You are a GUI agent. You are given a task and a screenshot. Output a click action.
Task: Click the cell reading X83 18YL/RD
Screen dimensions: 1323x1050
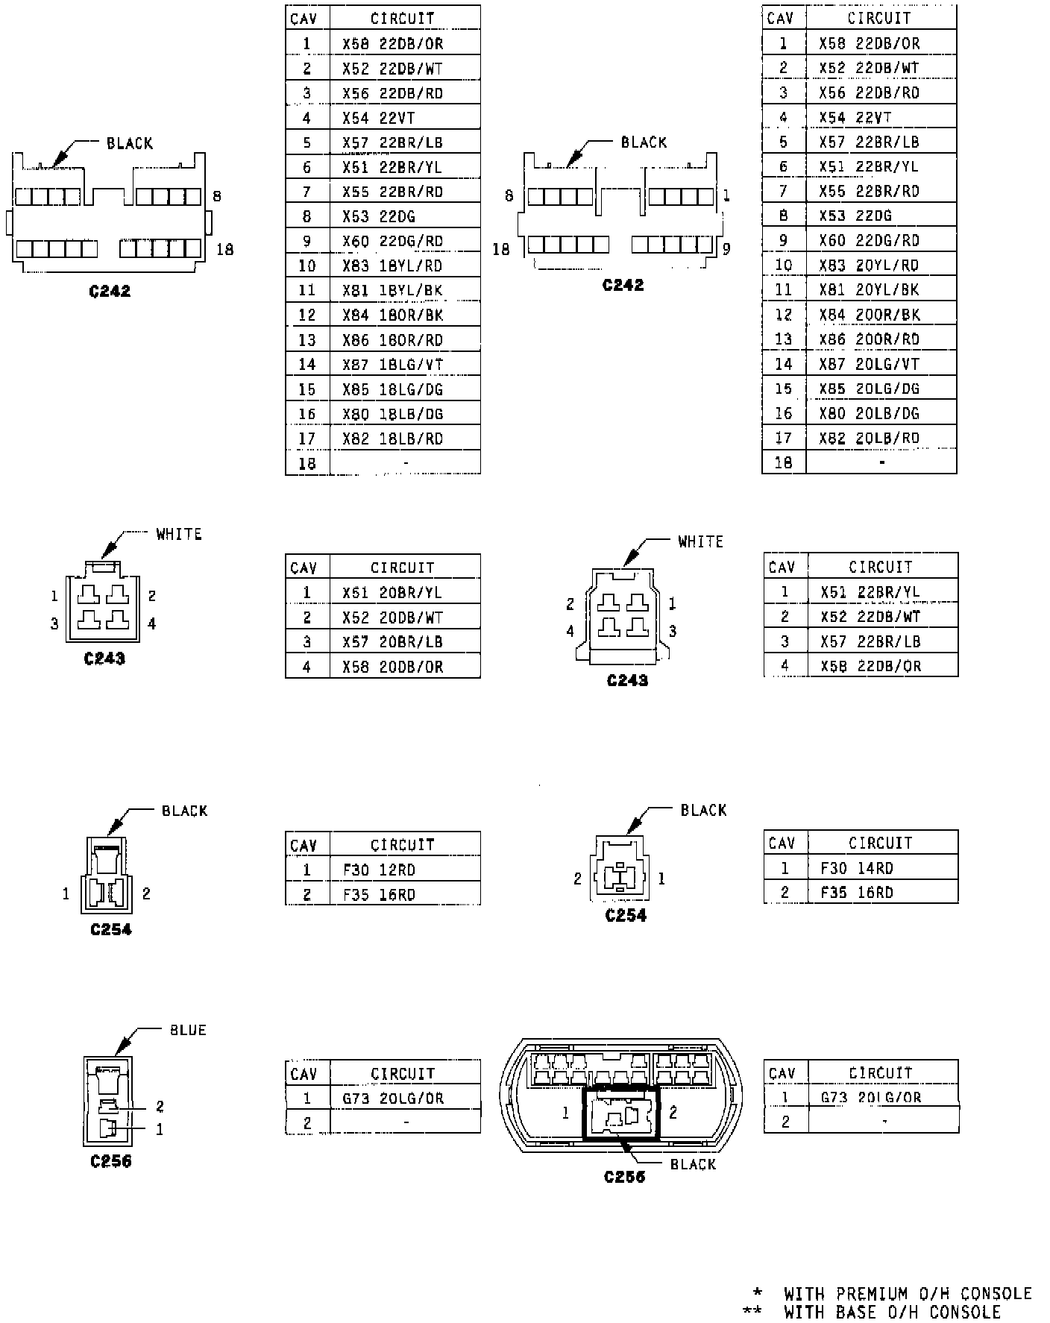pyautogui.click(x=392, y=265)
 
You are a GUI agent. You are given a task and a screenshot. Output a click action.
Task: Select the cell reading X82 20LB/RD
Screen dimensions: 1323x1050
pyautogui.click(x=869, y=438)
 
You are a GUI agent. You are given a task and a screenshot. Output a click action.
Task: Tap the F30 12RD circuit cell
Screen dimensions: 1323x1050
pyautogui.click(x=379, y=870)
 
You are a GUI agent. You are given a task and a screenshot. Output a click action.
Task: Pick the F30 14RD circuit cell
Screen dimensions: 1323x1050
pyautogui.click(x=856, y=868)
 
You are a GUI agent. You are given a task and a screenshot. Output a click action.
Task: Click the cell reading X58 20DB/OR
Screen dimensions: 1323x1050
pyautogui.click(x=392, y=667)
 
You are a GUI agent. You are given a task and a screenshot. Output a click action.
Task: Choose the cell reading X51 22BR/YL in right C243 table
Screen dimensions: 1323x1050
pyautogui.click(x=870, y=592)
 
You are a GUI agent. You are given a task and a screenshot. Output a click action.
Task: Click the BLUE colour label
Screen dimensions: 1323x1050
pyautogui.click(x=188, y=1030)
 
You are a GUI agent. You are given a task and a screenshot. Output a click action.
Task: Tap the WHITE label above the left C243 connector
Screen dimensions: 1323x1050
pyautogui.click(x=179, y=534)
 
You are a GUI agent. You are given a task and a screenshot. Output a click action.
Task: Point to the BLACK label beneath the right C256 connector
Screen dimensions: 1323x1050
pyautogui.click(x=693, y=1164)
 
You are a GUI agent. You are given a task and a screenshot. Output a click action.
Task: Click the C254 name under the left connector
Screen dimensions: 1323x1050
pyautogui.click(x=110, y=929)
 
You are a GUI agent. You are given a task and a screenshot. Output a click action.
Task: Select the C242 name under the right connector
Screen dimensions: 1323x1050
pyautogui.click(x=623, y=285)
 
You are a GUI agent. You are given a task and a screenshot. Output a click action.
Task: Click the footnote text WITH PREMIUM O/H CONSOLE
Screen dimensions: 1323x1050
pyautogui.click(x=908, y=1293)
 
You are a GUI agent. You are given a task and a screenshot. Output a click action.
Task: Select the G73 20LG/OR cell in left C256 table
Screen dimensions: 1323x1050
pyautogui.click(x=393, y=1098)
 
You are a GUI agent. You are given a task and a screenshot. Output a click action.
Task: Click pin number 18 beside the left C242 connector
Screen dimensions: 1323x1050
pyautogui.click(x=224, y=249)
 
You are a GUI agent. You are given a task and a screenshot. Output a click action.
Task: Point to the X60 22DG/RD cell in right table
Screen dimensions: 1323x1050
pyautogui.click(x=869, y=240)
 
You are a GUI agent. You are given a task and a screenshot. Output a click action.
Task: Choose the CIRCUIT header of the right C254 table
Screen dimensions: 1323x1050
pyautogui.click(x=880, y=843)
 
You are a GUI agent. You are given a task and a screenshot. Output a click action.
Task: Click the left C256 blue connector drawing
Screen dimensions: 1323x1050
pyautogui.click(x=108, y=1101)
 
